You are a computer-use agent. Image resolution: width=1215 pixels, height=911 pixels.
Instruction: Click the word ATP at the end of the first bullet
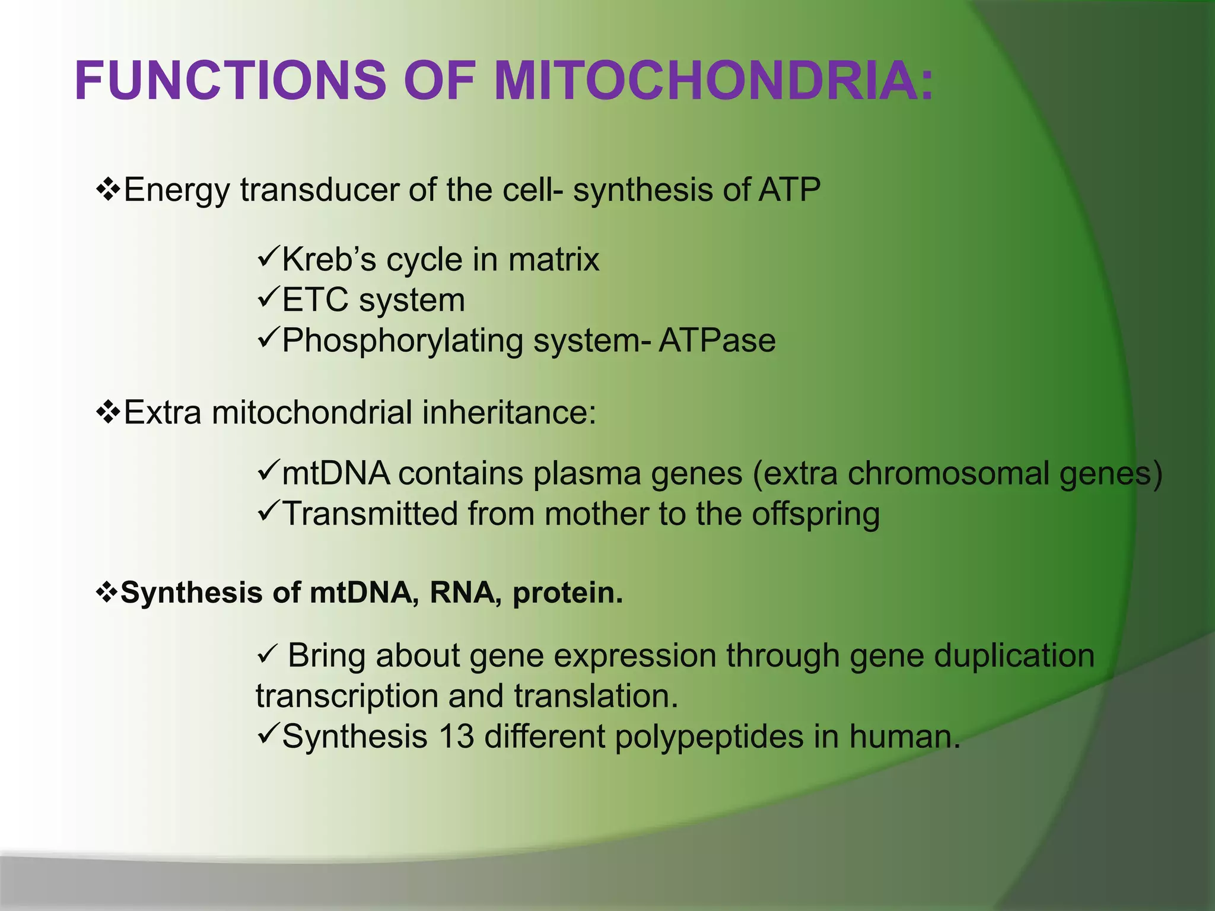tap(789, 190)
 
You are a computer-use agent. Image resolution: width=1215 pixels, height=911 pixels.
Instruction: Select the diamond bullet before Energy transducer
tap(108, 190)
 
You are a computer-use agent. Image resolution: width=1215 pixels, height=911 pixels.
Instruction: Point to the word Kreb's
tap(329, 260)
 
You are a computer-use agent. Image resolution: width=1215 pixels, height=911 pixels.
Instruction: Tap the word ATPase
tap(717, 340)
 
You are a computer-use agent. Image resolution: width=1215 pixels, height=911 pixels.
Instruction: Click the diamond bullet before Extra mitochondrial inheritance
tap(108, 412)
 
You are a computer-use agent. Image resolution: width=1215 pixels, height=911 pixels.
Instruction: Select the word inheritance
tap(508, 412)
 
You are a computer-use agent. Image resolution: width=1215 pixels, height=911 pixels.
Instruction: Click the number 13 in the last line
tap(456, 737)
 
